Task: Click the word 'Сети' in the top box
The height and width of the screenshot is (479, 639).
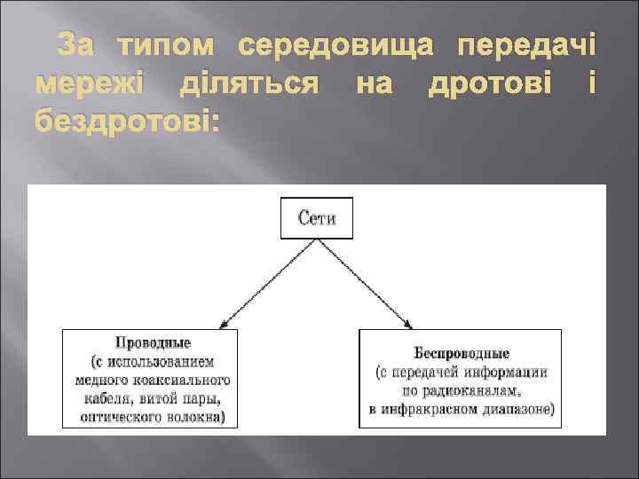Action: [x=316, y=218]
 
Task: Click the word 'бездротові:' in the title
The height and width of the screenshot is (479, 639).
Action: [x=126, y=123]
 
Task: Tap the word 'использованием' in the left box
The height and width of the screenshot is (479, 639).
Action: [x=166, y=362]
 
